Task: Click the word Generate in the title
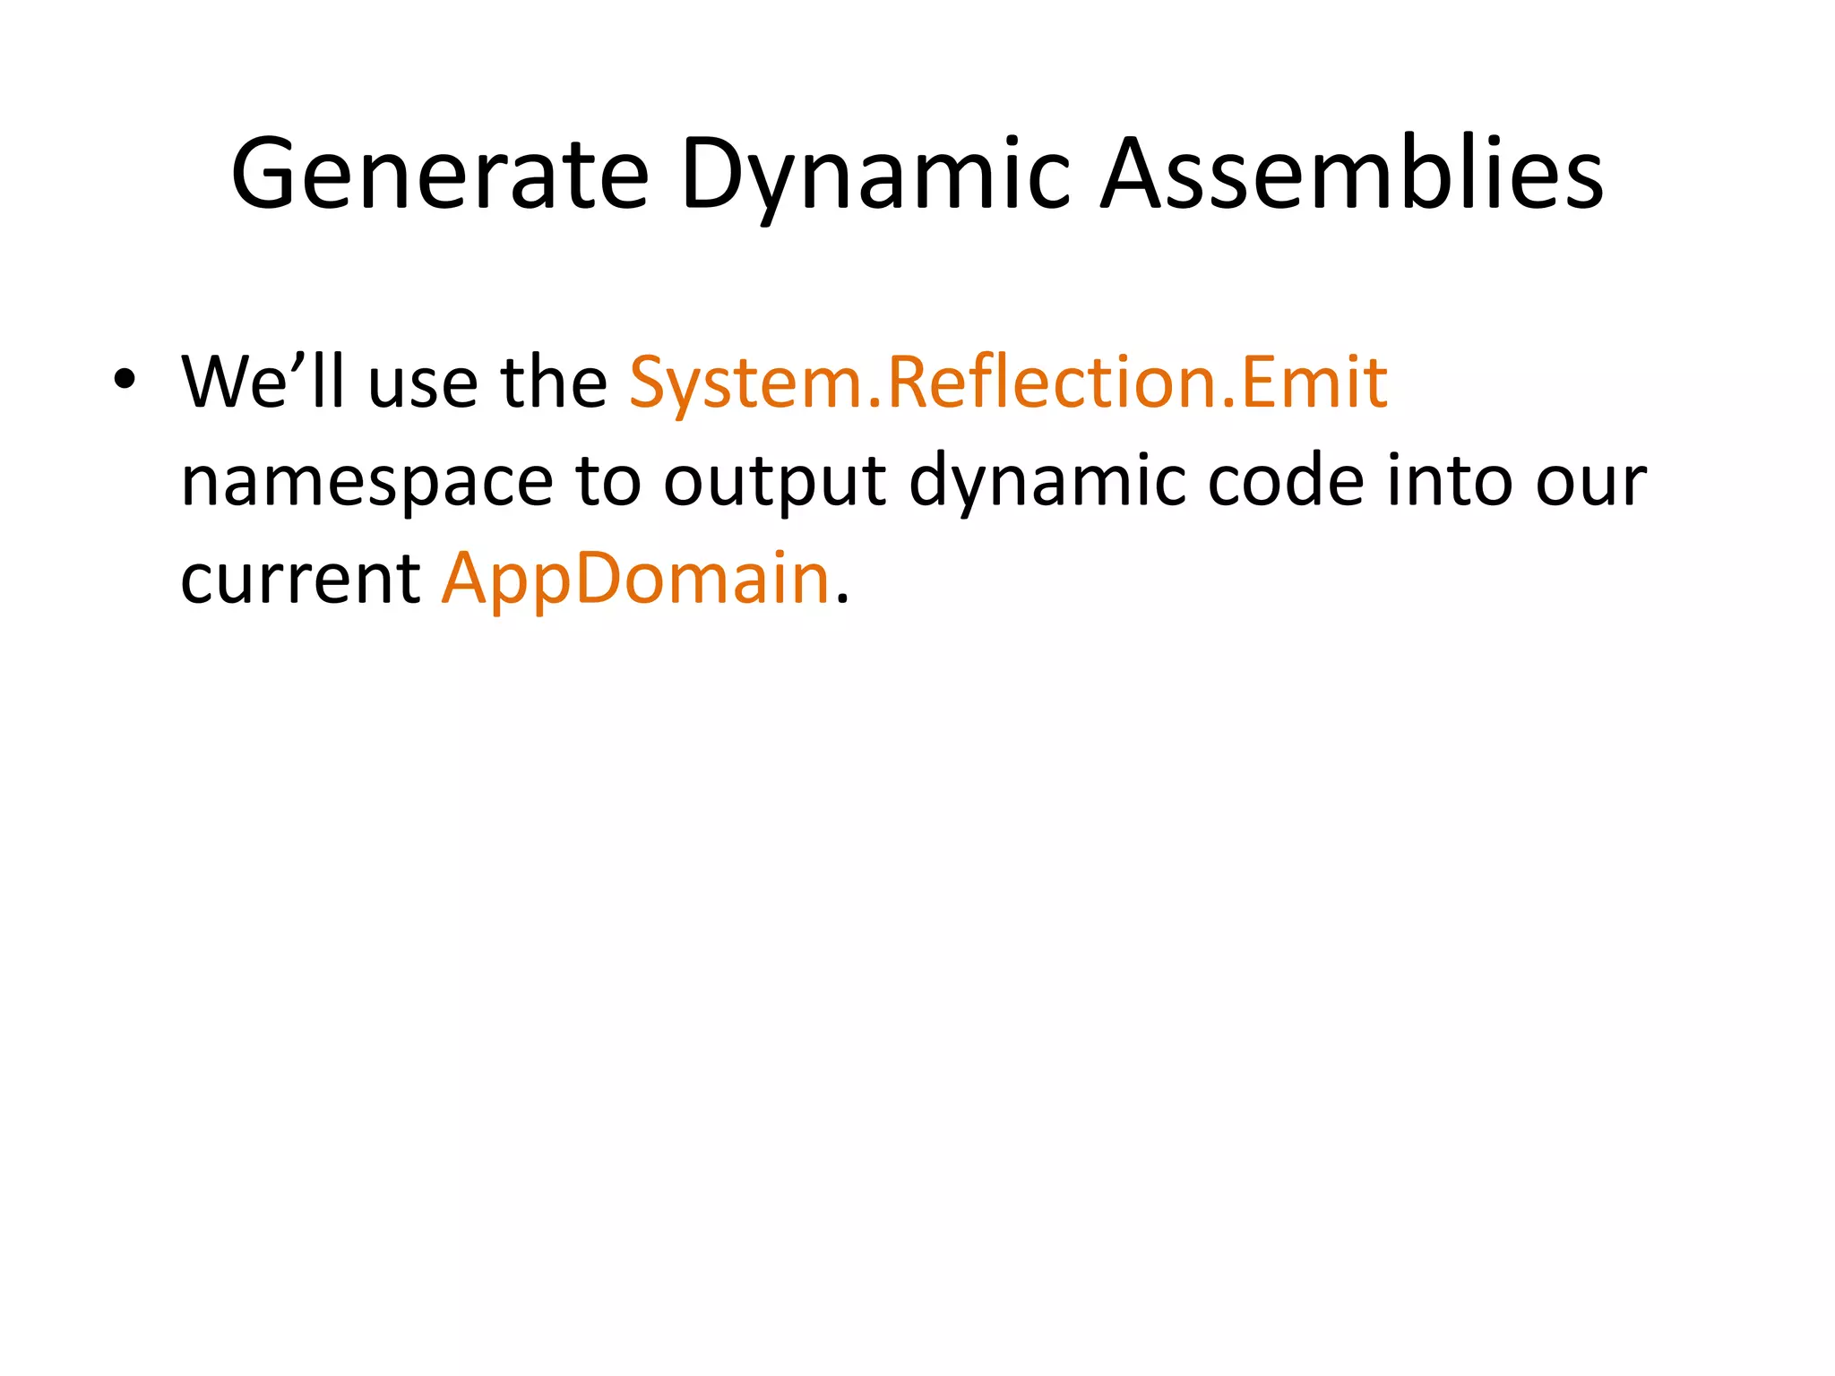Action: point(439,174)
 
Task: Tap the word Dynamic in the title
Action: point(874,174)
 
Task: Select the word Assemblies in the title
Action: point(1351,174)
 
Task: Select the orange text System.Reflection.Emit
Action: point(1008,383)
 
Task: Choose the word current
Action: point(299,580)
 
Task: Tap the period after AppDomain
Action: point(841,601)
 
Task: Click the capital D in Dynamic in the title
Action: point(713,174)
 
